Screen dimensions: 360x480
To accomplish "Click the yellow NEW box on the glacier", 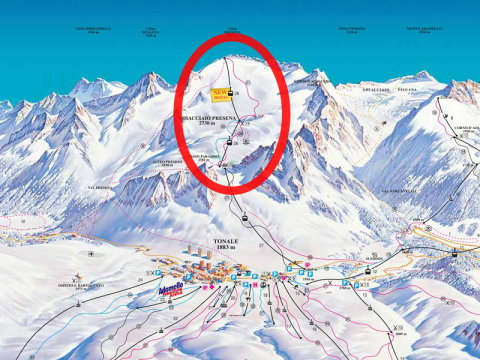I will (220, 95).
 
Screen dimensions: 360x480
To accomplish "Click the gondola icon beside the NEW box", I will (234, 94).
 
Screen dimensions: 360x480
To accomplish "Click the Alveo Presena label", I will (167, 160).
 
